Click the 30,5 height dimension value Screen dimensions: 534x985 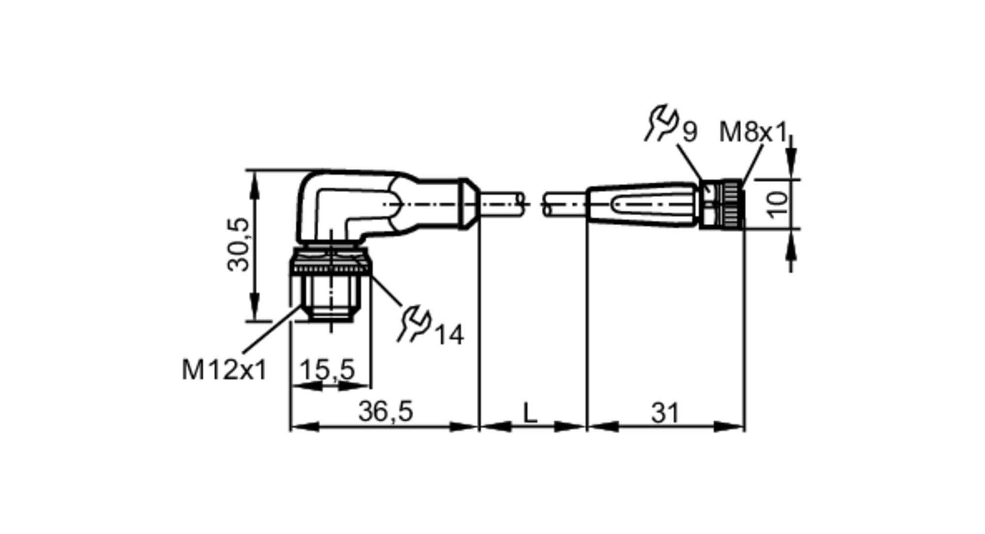pyautogui.click(x=238, y=245)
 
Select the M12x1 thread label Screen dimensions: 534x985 pyautogui.click(x=224, y=370)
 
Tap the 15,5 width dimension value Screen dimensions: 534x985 pyautogui.click(x=327, y=369)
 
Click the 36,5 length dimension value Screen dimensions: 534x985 pyautogui.click(x=385, y=411)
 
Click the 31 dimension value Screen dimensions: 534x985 pyautogui.click(x=665, y=413)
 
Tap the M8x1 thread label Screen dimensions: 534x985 pyautogui.click(x=753, y=132)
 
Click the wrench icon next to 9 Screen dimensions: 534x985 pyautogui.click(x=661, y=123)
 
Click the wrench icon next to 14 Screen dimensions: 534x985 pyautogui.click(x=414, y=324)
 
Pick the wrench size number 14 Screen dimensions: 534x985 pyautogui.click(x=449, y=335)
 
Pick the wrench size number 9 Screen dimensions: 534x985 pyautogui.click(x=689, y=132)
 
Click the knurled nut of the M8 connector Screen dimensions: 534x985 pyautogui.click(x=731, y=204)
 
